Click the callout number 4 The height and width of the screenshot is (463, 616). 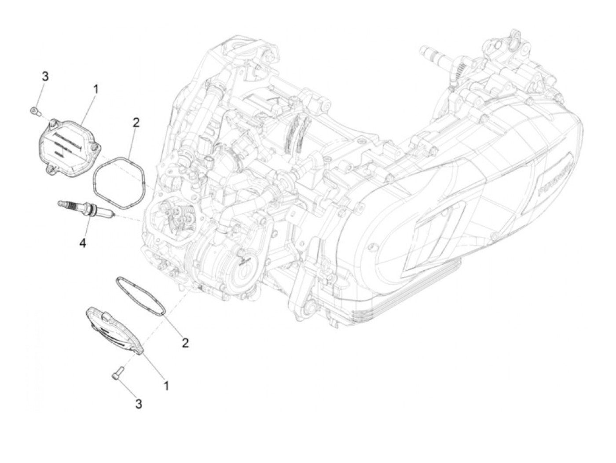click(x=83, y=242)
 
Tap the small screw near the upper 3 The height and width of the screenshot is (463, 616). click(x=33, y=110)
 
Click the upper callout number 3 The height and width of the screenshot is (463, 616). click(x=45, y=77)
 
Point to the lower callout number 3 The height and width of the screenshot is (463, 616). click(x=139, y=404)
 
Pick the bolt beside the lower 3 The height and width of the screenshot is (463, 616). click(x=116, y=375)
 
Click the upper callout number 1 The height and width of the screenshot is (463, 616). click(x=95, y=90)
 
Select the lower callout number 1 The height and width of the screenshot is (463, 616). click(x=166, y=386)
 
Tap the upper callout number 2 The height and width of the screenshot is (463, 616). click(x=136, y=122)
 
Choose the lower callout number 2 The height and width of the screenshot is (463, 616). click(x=185, y=343)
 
